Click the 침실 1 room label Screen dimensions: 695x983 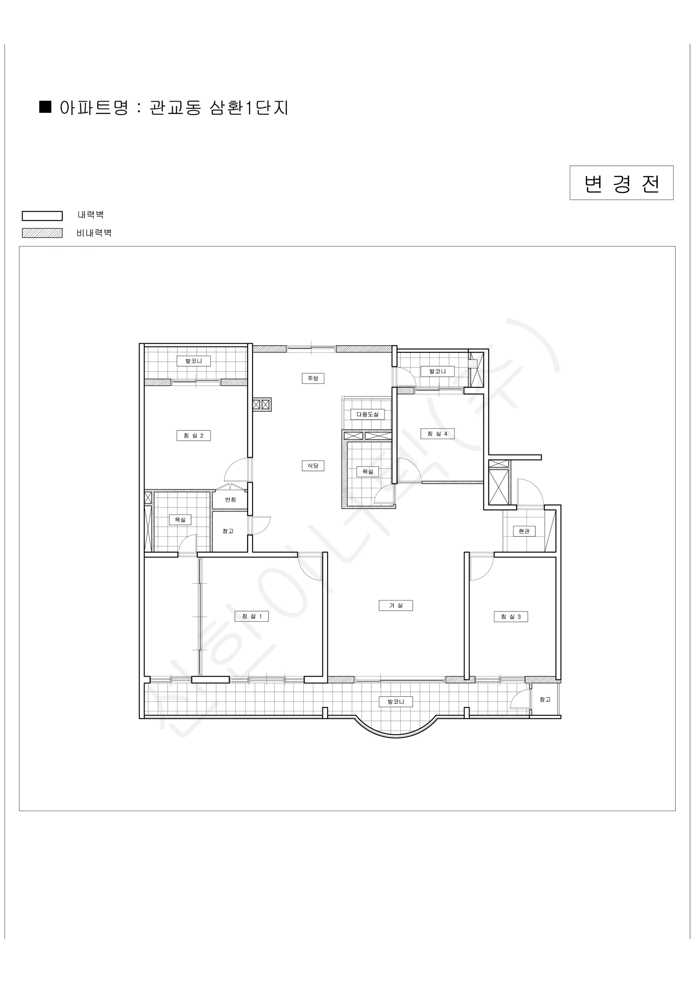(252, 616)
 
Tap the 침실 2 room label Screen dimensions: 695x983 (194, 435)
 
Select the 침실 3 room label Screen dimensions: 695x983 (511, 616)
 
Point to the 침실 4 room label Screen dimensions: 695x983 (438, 434)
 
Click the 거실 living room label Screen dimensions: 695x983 (396, 605)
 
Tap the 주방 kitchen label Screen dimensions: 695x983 (313, 378)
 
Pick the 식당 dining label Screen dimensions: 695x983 (313, 465)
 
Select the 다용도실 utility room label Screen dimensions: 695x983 (368, 414)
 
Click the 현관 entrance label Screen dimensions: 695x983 (524, 531)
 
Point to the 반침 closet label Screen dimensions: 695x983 (230, 499)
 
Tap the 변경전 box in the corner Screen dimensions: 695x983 (621, 183)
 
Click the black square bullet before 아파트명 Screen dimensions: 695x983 (45, 106)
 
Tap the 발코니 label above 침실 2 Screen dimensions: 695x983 (194, 361)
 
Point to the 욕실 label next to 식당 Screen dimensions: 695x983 (368, 471)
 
